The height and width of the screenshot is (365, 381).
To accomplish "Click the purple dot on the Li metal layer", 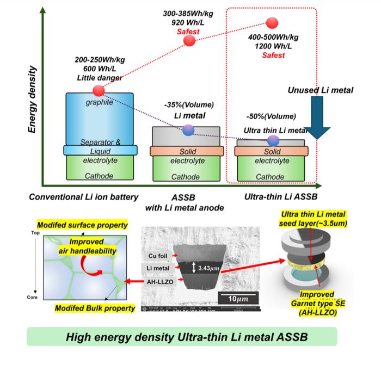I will tap(188, 130).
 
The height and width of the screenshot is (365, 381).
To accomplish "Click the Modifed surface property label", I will tap(89, 224).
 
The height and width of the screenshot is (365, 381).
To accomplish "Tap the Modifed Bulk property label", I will tap(96, 309).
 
